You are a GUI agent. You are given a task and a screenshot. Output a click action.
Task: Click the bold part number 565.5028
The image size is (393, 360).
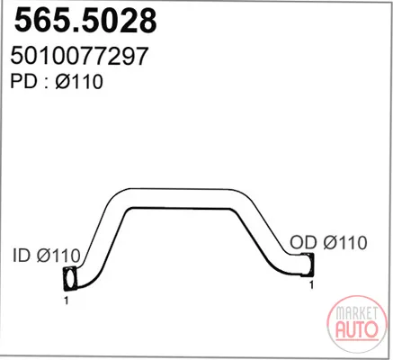tap(85, 21)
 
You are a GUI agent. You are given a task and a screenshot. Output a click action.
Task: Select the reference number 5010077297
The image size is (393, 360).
tap(79, 56)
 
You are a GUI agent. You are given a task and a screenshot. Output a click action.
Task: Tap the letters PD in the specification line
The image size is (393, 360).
tap(23, 81)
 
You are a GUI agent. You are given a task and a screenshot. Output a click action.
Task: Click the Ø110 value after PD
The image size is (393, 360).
tap(79, 81)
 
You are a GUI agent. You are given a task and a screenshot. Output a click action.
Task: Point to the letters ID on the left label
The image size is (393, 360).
tap(22, 256)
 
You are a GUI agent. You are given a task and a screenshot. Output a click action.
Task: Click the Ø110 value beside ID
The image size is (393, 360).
tap(58, 256)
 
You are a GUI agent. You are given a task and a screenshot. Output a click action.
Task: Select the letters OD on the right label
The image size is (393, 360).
tap(303, 242)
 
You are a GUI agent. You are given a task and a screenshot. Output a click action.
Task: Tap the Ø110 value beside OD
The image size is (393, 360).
tap(345, 242)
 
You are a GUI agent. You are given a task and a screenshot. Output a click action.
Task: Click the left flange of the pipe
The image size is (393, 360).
tap(70, 279)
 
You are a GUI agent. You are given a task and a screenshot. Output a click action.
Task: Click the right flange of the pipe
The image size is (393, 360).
tap(308, 264)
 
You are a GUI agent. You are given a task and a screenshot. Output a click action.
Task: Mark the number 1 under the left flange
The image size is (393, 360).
tap(67, 301)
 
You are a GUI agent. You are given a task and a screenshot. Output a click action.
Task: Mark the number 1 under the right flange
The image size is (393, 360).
tap(311, 284)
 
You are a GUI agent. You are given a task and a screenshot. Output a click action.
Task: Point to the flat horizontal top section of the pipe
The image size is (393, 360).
tap(180, 198)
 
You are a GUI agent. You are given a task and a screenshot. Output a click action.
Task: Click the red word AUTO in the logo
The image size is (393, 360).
tap(357, 329)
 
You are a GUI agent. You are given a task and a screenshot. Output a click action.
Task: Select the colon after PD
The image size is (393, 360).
tap(46, 83)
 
